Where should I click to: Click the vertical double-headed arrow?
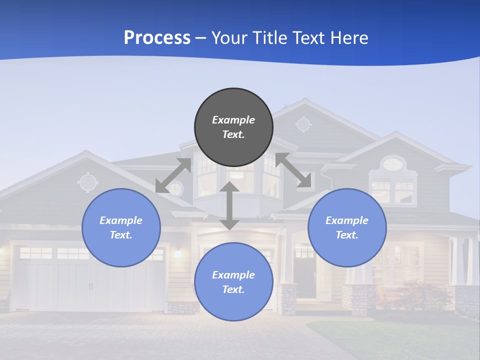(x=229, y=205)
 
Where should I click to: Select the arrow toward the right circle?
(x=293, y=170)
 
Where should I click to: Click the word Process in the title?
(x=157, y=37)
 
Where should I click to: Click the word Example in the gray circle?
(x=233, y=120)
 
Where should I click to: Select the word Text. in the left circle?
(x=121, y=235)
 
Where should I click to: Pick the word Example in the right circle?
(x=347, y=220)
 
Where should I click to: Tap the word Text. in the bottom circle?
(x=233, y=289)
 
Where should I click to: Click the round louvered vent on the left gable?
(x=87, y=182)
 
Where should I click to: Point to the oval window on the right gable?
(x=393, y=163)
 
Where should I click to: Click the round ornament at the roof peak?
(x=303, y=123)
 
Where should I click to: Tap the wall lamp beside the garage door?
(x=177, y=253)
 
